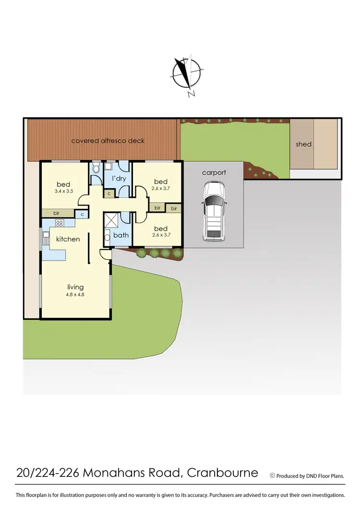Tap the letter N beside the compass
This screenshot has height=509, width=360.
(x=192, y=94)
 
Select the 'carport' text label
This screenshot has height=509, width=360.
(x=214, y=172)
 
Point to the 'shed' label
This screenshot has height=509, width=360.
(x=303, y=144)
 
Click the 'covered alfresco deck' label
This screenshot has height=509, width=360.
(x=108, y=141)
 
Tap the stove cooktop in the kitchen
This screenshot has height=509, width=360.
(x=60, y=223)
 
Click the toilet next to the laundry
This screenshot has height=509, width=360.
(x=96, y=168)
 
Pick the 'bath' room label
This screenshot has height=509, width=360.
(x=120, y=235)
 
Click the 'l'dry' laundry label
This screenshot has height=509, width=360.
(x=119, y=179)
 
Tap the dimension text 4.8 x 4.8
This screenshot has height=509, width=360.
(x=75, y=295)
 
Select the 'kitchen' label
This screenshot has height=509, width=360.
(x=68, y=239)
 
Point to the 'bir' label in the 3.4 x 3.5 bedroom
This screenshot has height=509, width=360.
(x=56, y=213)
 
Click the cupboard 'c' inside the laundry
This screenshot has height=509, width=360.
(x=109, y=194)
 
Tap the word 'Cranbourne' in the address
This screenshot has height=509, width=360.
(x=222, y=473)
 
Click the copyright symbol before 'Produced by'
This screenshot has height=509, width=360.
(x=273, y=476)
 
